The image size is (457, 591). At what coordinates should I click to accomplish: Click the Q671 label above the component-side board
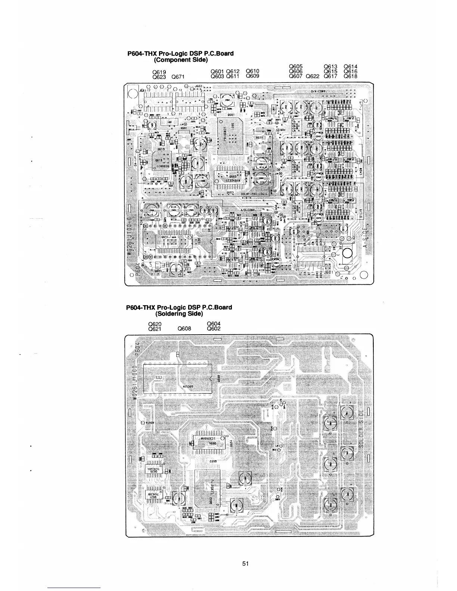click(x=178, y=76)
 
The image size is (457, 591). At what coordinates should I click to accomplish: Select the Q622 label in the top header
click(x=313, y=76)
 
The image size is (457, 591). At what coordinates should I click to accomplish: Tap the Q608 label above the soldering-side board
click(x=184, y=329)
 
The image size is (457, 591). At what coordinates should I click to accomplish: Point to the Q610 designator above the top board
click(x=253, y=71)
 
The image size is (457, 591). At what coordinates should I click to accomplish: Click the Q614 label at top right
click(x=350, y=67)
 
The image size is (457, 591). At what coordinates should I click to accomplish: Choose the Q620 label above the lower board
click(x=155, y=324)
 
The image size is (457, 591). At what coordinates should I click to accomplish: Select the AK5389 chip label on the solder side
click(x=187, y=387)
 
